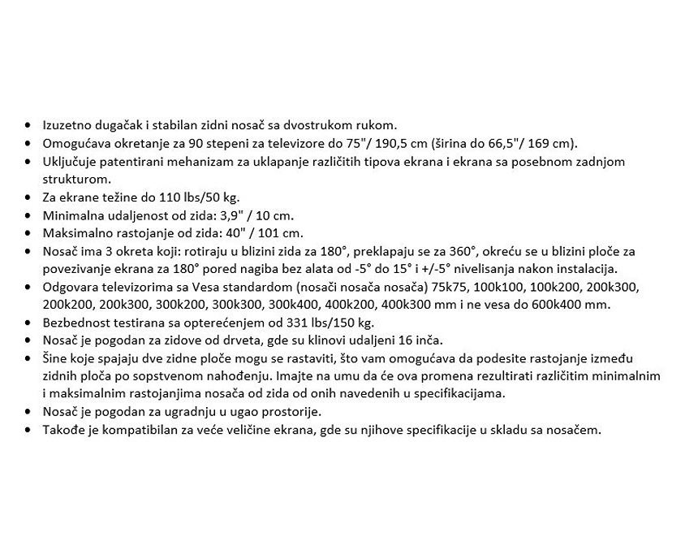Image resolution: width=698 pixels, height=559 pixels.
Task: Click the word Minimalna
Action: point(71,215)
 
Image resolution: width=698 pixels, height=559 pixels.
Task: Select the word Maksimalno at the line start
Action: point(74,233)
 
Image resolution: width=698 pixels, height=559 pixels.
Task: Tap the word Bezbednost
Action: point(75,323)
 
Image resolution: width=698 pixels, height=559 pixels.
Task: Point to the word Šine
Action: point(55,358)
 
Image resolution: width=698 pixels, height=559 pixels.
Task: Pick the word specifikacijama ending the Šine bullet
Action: point(459,394)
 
